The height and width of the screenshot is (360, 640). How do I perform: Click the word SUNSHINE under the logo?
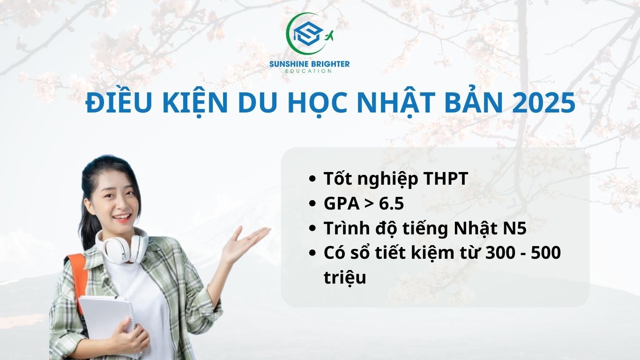tap(289, 64)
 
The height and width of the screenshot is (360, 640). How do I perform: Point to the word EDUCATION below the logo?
tap(309, 71)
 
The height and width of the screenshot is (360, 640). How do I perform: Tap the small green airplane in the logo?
tap(328, 36)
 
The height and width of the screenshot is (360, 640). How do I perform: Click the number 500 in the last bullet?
tap(545, 253)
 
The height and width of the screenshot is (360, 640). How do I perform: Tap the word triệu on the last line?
tap(344, 277)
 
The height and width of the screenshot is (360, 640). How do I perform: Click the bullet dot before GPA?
tap(313, 204)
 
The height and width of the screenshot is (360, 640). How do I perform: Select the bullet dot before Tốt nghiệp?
tap(313, 180)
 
